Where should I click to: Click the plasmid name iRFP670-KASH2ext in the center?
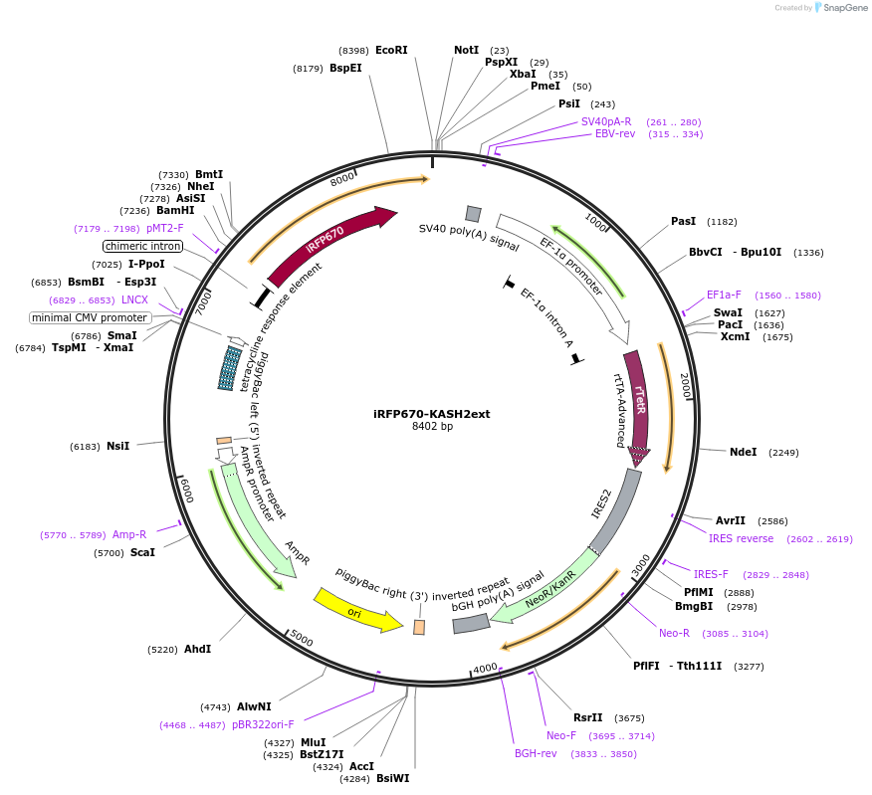point(431,414)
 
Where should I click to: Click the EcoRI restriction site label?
point(391,50)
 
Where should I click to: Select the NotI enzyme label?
point(466,50)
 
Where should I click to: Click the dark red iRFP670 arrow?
point(328,240)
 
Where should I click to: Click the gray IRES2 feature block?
point(613,511)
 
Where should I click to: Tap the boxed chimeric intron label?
point(143,246)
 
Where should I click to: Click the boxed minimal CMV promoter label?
point(90,317)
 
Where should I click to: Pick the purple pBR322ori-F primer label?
point(263,724)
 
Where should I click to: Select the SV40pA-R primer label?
point(606,121)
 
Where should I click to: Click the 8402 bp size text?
point(432,427)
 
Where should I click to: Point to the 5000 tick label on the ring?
point(302,639)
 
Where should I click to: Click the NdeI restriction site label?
point(743,452)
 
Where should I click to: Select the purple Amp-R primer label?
point(129,534)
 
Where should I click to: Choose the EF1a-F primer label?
point(724,295)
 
